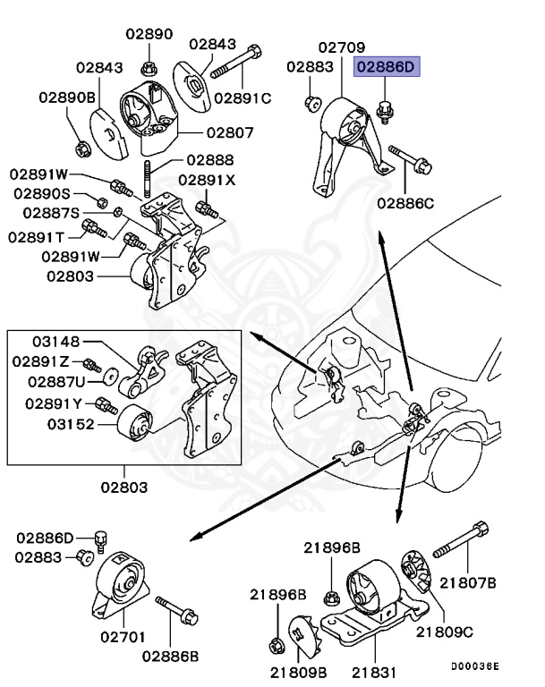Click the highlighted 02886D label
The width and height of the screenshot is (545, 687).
(387, 66)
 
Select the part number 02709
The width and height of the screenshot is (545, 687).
(341, 46)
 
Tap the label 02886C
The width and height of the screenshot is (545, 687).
(404, 203)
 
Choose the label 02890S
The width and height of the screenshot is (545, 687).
(43, 193)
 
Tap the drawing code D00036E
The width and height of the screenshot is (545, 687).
(474, 666)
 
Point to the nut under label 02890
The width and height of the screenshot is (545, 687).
(149, 66)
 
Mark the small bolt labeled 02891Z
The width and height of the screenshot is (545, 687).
(89, 365)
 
